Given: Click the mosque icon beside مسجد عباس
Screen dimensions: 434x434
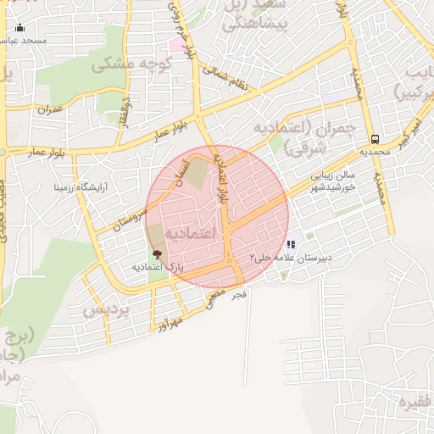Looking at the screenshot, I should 20,29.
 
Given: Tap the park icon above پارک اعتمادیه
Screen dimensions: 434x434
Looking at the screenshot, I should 156,253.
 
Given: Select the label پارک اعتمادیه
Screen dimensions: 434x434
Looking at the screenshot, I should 157,267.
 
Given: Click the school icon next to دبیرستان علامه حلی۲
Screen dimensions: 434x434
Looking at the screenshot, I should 292,244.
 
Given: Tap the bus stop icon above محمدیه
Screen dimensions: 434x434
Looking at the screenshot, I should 375,140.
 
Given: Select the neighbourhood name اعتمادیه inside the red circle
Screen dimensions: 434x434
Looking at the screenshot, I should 191,231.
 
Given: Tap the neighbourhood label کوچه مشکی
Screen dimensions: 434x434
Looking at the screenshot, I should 132,64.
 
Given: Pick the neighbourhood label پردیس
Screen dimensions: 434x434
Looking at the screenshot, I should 109,310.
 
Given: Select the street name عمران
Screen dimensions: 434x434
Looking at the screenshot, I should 50,109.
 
